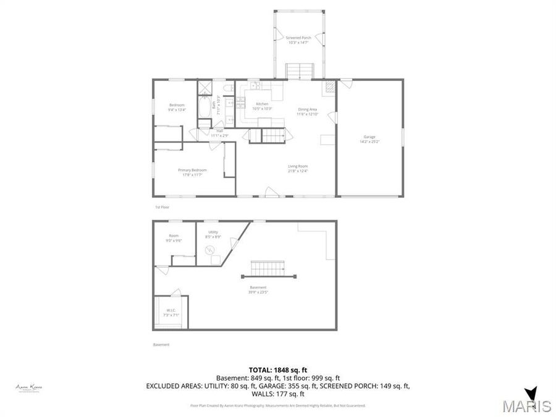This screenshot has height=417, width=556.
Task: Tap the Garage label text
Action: tap(369, 139)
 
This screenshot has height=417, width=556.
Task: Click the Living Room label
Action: tap(298, 168)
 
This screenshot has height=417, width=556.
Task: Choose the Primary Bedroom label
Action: tap(192, 172)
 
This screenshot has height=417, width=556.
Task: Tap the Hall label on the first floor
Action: tap(219, 132)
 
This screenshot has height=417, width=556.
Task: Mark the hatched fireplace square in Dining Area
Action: tap(331, 87)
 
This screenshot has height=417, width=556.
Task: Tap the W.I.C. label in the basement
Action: tap(171, 312)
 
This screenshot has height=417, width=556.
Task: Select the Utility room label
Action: tap(213, 234)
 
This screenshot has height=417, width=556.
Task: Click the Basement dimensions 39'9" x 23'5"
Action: tap(258, 291)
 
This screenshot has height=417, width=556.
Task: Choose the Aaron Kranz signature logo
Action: tap(28, 387)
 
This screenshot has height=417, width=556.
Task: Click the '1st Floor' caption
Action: tap(161, 207)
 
